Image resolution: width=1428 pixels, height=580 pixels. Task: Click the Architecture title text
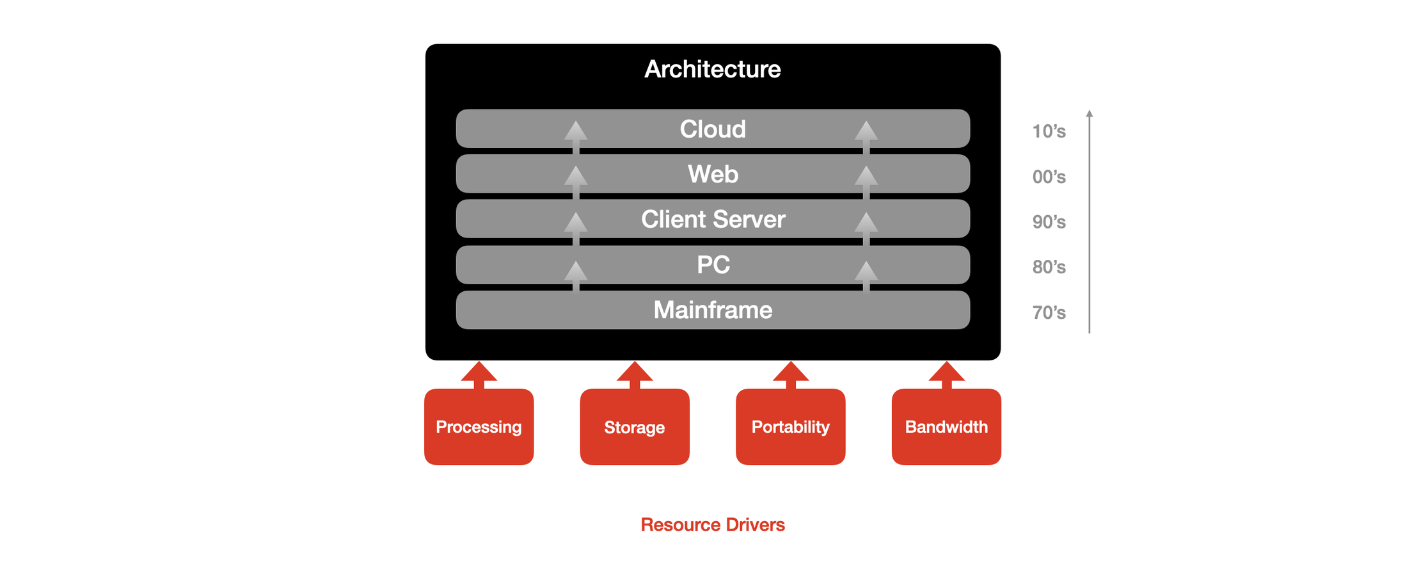[712, 69]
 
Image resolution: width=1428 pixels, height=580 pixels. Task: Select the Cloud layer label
[713, 129]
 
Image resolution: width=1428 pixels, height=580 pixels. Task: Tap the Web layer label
[713, 174]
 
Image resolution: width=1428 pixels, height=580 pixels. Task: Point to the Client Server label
[713, 220]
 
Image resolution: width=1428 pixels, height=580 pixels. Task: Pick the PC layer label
[713, 264]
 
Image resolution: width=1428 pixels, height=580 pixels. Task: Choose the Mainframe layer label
[713, 310]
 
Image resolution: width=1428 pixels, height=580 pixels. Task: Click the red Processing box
[479, 427]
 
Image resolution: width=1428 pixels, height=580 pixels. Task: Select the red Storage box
[635, 427]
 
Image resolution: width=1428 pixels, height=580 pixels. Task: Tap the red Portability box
[790, 427]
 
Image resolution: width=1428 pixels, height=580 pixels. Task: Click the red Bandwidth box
[946, 427]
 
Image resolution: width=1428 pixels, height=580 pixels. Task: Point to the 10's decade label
[1049, 131]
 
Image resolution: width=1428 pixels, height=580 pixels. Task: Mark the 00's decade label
[1049, 177]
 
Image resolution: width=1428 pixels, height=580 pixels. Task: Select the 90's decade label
[1049, 222]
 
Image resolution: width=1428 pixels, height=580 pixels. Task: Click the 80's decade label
[1049, 267]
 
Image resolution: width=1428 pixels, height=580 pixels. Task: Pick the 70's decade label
[1049, 312]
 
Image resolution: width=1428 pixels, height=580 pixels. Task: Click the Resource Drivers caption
[712, 525]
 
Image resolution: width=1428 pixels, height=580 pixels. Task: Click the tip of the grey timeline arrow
[1090, 113]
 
